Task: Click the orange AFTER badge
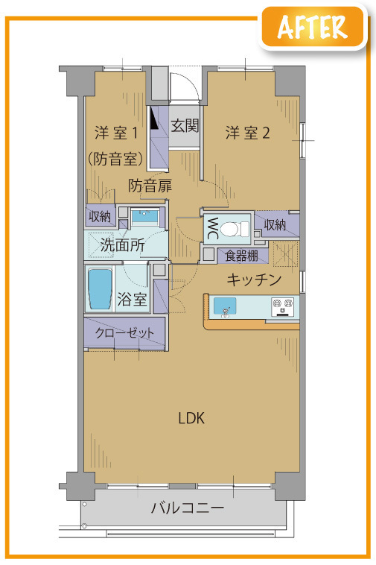(313, 28)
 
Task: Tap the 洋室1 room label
(116, 133)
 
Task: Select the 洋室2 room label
(247, 133)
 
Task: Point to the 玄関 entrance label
(185, 126)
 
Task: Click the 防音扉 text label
(150, 186)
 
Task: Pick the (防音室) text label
(116, 159)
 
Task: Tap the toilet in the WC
(235, 228)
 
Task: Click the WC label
(213, 228)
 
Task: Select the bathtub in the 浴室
(100, 289)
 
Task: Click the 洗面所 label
(122, 245)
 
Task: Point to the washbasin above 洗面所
(144, 217)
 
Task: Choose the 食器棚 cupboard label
(241, 256)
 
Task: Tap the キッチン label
(254, 280)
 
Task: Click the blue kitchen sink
(226, 306)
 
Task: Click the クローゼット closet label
(124, 333)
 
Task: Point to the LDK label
(191, 418)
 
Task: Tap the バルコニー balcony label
(187, 508)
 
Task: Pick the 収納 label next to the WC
(275, 225)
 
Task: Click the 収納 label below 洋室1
(100, 217)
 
